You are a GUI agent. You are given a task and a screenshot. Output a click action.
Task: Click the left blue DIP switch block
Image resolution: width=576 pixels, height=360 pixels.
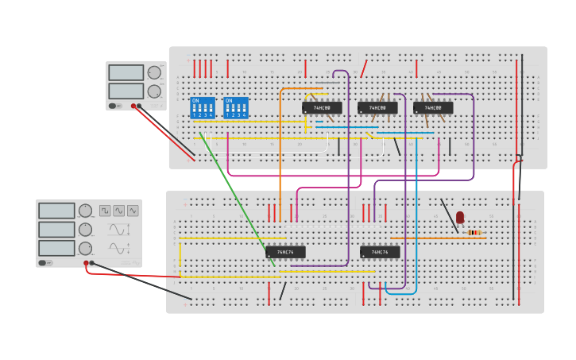point(203,107)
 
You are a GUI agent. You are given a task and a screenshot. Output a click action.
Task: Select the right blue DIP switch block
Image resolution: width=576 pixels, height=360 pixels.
point(236,107)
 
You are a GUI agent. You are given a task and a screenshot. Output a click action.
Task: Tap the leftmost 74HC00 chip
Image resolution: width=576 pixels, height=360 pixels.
point(322,107)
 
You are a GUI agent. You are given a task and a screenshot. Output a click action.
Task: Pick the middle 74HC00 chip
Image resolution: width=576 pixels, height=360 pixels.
point(377,107)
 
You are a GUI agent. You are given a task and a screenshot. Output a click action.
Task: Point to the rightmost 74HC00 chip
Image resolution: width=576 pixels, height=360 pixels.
point(433,107)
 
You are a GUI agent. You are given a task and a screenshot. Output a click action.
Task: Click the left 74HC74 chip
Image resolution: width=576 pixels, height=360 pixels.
point(285,252)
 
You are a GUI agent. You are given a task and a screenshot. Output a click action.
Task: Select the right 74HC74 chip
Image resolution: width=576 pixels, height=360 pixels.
point(380,252)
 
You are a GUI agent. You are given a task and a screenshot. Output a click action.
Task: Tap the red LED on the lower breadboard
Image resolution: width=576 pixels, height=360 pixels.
point(460,216)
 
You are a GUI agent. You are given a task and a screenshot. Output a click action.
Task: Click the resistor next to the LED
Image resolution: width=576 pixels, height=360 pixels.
point(474,232)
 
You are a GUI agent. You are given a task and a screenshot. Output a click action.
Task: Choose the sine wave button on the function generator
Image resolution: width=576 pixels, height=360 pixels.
point(118,211)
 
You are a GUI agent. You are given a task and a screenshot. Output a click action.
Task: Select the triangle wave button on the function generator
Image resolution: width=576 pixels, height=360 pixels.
point(133,211)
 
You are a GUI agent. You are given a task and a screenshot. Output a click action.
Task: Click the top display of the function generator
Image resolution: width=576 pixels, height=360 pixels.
point(56,211)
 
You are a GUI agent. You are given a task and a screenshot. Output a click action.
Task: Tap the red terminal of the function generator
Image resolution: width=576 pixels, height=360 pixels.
point(86,262)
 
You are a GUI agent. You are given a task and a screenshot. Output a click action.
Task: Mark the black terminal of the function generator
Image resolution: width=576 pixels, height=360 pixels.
point(92,262)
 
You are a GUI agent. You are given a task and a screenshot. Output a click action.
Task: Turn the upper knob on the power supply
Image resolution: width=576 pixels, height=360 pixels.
point(154,72)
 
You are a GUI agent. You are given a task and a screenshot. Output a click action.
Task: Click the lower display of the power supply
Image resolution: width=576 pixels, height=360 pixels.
point(126,91)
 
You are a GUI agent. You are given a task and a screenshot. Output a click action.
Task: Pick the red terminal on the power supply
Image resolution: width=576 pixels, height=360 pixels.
point(133,105)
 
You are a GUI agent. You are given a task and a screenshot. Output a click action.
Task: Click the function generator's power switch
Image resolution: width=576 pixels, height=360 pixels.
point(46,262)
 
